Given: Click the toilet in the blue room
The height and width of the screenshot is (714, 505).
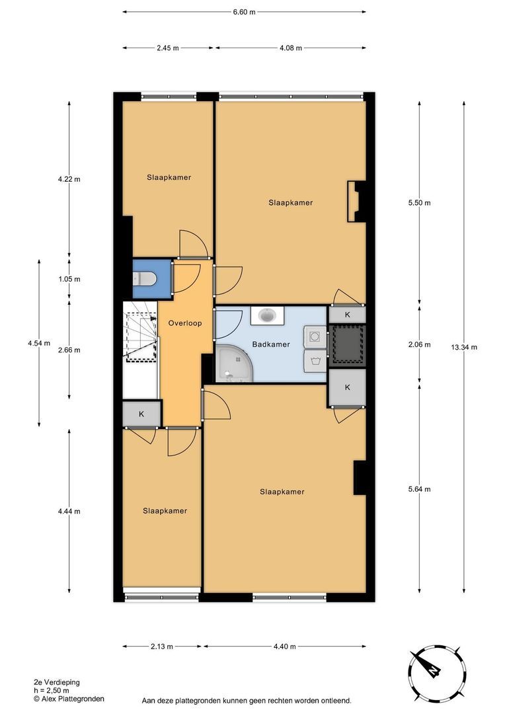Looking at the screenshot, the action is tap(145, 279).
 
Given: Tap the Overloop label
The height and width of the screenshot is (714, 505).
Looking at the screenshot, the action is tap(185, 323).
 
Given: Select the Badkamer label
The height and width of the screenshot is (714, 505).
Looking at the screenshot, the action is tap(271, 344).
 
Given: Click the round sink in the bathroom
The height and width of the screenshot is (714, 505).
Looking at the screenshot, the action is tap(266, 315).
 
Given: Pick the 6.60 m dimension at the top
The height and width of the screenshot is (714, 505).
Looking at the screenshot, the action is tap(244, 12).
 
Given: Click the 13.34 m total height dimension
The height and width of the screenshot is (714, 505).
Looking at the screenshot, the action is tap(464, 347).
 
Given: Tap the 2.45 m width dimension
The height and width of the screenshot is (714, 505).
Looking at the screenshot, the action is tap(168, 48).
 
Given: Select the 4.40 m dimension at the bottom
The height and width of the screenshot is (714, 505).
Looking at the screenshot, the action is tap(285, 646).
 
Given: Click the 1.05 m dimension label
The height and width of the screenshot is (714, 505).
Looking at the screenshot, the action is tap(69, 279).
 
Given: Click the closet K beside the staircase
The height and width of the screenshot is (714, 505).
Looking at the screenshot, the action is tap(141, 414).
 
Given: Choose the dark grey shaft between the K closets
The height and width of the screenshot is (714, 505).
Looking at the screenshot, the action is tap(348, 346).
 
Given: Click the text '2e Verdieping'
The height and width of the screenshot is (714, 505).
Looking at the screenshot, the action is tap(56, 682).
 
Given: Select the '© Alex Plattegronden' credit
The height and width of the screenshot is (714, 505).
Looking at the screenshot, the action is tap(69, 699).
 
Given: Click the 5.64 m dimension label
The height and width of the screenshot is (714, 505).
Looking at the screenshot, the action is tap(419, 489).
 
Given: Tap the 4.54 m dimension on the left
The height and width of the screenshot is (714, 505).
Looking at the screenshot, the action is tap(39, 343).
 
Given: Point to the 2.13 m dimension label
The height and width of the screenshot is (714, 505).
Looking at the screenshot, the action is tap(161, 646).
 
